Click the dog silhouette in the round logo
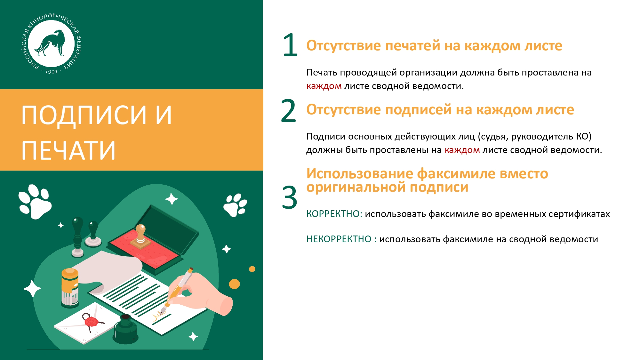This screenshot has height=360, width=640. point(51,43)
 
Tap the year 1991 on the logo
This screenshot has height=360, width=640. point(51,72)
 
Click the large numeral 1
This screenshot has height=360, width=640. point(290,45)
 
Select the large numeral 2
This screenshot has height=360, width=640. point(288,111)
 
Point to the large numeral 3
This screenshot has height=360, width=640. point(289,197)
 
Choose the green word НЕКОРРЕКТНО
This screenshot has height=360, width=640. point(339,239)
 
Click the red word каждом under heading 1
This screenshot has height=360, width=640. point(324,86)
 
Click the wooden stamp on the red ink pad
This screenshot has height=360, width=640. point(140,237)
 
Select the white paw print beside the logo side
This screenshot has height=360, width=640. point(35,201)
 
